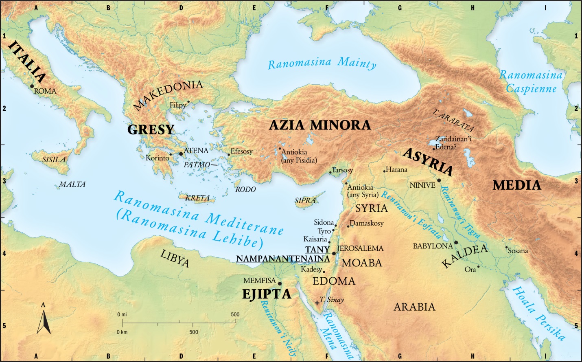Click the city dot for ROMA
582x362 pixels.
(32, 86)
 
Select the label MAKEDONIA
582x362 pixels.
(168, 95)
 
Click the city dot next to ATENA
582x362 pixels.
(181, 154)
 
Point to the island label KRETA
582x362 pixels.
(197, 198)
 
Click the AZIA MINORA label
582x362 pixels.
(319, 125)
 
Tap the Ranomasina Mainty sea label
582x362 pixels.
(322, 64)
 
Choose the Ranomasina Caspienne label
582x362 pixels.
(531, 81)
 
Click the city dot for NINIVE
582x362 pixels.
(439, 180)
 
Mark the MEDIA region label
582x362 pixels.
(516, 185)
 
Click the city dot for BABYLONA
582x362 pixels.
(456, 243)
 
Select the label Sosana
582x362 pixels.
(518, 251)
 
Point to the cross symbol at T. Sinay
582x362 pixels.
(317, 303)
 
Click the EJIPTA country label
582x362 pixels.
(267, 294)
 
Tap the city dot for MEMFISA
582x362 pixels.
(280, 283)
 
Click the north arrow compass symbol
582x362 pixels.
(44, 322)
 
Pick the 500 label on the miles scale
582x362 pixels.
(235, 314)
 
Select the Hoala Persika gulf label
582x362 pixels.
(538, 313)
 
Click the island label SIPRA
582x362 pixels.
(305, 201)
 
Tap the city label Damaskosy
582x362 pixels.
(367, 224)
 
